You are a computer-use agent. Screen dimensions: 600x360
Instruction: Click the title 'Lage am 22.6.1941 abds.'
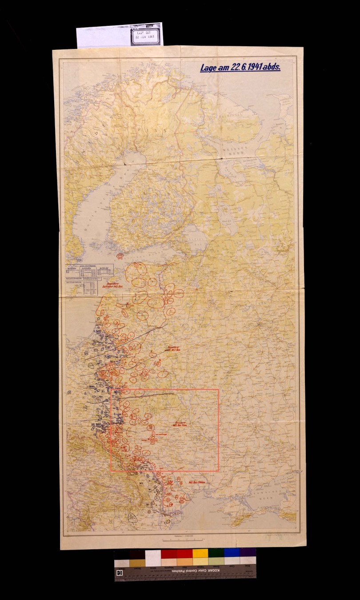click(240, 68)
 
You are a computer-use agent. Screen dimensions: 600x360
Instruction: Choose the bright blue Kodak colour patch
click(232, 553)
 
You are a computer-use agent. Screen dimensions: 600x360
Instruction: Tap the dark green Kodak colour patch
click(216, 554)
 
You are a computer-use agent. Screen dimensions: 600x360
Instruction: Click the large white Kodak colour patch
click(153, 558)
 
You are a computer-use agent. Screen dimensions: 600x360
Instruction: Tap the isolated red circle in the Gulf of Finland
click(120, 256)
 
